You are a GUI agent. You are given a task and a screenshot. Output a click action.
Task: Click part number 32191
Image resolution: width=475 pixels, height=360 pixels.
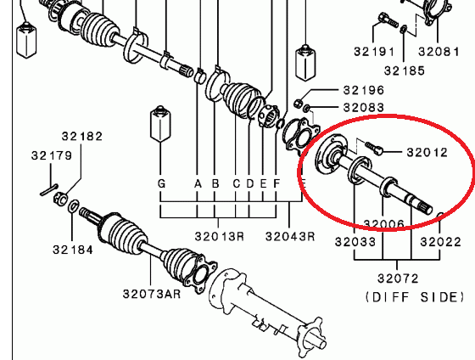(374, 52)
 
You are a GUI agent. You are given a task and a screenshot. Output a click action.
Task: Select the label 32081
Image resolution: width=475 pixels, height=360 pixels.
(439, 52)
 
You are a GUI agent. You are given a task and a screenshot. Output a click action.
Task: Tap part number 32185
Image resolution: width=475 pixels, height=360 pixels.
(405, 71)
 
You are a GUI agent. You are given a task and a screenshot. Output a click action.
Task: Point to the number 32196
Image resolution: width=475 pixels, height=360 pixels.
(364, 90)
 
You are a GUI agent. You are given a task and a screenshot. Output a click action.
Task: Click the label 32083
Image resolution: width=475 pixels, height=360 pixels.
(364, 107)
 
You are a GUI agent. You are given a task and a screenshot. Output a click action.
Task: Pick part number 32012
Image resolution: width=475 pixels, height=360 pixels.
(427, 152)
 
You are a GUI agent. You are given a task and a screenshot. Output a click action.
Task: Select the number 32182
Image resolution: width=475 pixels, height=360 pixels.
(82, 136)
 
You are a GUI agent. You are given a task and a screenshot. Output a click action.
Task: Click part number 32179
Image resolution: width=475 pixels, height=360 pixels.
(52, 155)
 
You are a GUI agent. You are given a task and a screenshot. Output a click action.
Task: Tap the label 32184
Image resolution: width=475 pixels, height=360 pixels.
(73, 250)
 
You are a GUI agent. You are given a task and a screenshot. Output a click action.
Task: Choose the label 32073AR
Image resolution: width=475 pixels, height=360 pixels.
(152, 294)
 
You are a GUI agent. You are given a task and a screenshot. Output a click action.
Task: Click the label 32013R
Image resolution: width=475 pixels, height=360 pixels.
(219, 236)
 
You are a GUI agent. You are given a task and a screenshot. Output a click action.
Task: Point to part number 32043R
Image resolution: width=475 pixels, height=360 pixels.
(290, 236)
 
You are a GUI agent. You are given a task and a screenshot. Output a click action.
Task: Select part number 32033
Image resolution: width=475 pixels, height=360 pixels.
(355, 242)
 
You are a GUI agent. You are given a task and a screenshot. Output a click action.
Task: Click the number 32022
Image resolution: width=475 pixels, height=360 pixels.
(440, 242)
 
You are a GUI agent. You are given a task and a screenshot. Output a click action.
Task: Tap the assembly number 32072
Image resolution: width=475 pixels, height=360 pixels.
(398, 278)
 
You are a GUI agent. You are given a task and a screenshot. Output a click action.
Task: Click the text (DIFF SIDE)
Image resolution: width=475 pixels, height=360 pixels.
(415, 297)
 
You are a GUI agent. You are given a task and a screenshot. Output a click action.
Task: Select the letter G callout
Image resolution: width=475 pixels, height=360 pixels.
(161, 183)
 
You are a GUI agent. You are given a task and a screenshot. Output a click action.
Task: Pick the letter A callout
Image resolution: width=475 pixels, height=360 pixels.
(198, 183)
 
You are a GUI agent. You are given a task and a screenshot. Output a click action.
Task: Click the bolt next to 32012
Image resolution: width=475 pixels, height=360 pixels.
(373, 148)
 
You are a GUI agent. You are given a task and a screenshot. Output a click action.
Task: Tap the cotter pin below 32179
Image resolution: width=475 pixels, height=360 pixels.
(49, 190)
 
